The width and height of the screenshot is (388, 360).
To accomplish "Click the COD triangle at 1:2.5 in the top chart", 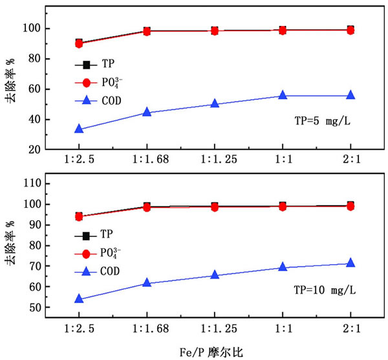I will [x=79, y=129].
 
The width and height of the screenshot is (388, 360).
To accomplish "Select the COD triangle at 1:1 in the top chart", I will [x=283, y=95].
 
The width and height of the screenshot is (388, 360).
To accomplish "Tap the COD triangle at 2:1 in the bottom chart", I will [x=350, y=263].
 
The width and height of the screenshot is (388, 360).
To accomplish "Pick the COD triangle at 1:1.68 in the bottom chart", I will [x=147, y=283].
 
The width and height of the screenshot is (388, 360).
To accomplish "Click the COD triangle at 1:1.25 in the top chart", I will [x=215, y=104].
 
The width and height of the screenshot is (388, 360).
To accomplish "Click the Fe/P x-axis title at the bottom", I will [x=211, y=352].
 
